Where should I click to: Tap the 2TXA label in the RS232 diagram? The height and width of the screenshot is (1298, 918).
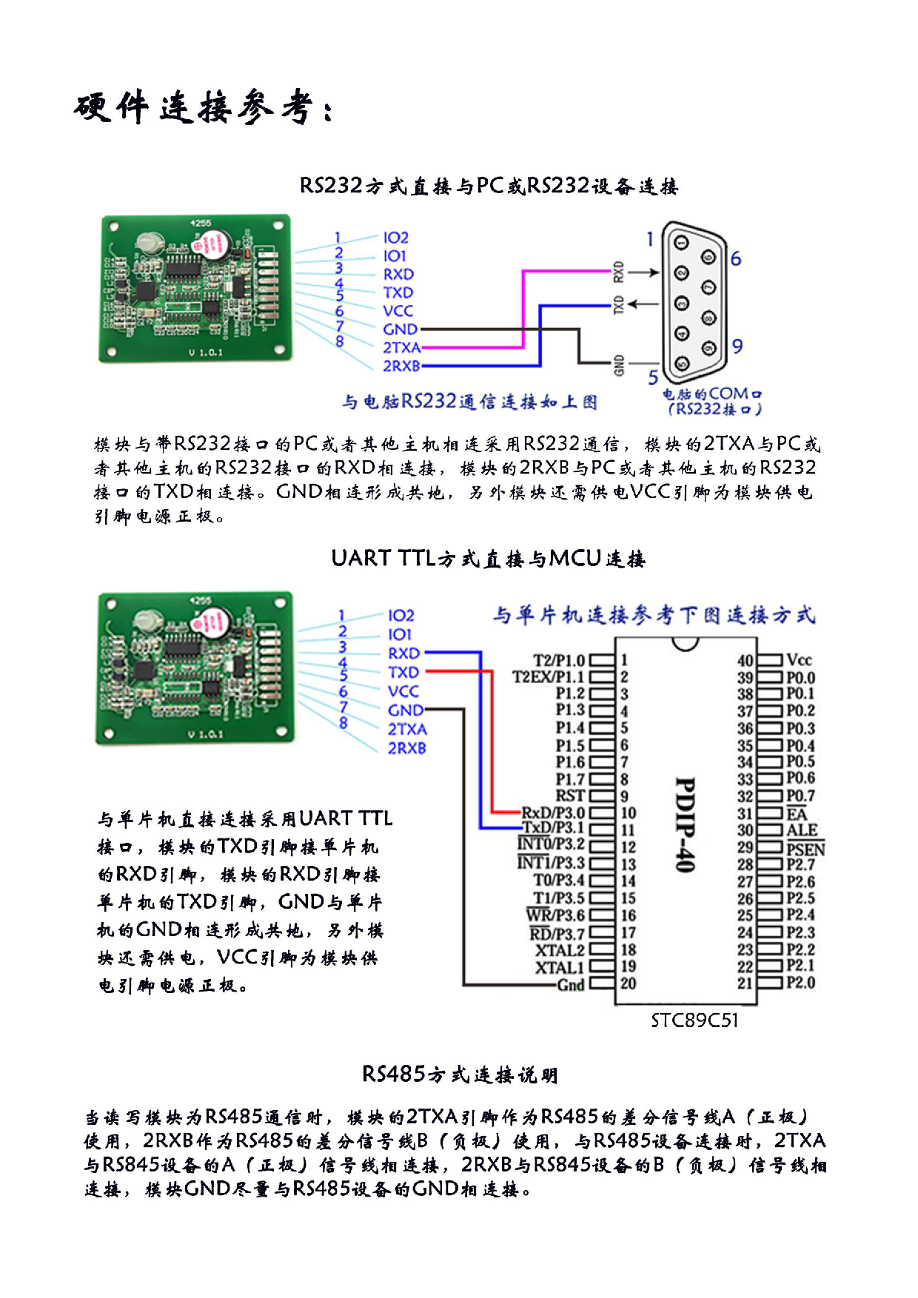(x=401, y=348)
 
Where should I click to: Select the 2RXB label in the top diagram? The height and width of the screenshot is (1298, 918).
(x=401, y=366)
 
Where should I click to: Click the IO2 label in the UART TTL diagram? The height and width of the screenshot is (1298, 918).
(x=401, y=616)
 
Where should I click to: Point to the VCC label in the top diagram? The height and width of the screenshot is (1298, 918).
(x=398, y=311)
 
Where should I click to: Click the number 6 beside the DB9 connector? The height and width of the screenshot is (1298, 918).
(x=735, y=259)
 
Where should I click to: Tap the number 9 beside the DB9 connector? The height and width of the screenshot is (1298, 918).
(x=737, y=346)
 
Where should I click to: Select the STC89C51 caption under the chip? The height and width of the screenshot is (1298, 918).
(x=694, y=1021)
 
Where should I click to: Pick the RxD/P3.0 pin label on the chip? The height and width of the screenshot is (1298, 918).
(x=552, y=813)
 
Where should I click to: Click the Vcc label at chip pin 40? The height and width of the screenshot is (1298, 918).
(x=799, y=660)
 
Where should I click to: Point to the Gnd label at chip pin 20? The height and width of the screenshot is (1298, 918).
(x=571, y=985)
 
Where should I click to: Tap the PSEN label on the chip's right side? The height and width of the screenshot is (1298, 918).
(x=805, y=850)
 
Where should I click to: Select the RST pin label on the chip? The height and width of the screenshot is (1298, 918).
(x=570, y=796)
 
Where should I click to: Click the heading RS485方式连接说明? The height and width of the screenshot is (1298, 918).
(x=459, y=1075)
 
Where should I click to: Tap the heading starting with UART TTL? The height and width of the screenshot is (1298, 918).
(x=488, y=559)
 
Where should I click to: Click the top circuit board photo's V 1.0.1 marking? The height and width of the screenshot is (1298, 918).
(x=205, y=352)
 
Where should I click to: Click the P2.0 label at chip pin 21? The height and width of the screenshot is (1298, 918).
(x=800, y=983)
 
